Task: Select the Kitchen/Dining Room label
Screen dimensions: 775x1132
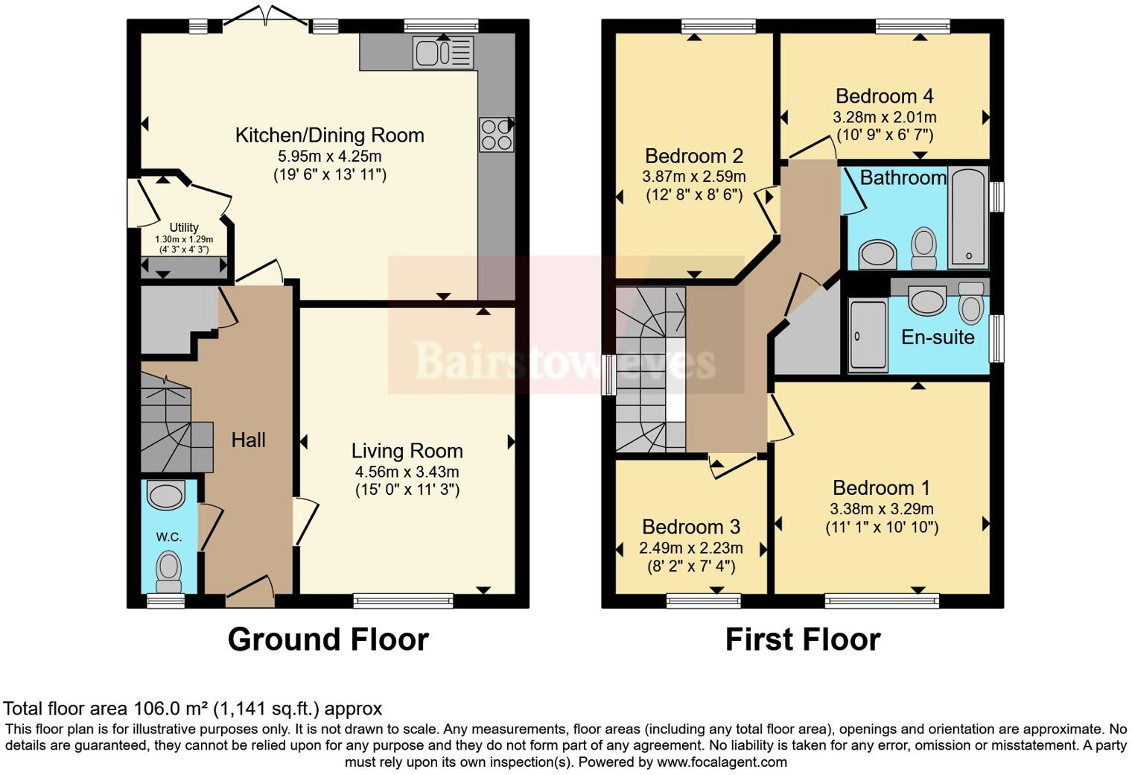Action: [x=329, y=136]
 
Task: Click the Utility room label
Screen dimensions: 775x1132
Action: [x=184, y=227]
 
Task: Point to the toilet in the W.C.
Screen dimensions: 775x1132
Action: [x=169, y=570]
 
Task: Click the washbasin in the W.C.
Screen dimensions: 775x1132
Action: [x=165, y=495]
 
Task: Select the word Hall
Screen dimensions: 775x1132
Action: [x=248, y=440]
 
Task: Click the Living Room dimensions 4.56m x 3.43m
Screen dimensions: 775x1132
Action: [x=407, y=472]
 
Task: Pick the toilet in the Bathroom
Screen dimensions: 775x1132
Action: [x=924, y=247]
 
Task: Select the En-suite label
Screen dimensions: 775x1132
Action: [x=938, y=338]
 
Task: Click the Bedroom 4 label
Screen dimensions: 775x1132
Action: [x=884, y=96]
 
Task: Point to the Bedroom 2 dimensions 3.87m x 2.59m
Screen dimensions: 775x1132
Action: [x=693, y=177]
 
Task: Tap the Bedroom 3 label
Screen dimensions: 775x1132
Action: [x=690, y=527]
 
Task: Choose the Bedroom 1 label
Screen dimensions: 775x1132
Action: [x=881, y=488]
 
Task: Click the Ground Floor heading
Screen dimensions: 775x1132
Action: [x=328, y=639]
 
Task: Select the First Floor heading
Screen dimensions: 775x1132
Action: [x=802, y=639]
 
